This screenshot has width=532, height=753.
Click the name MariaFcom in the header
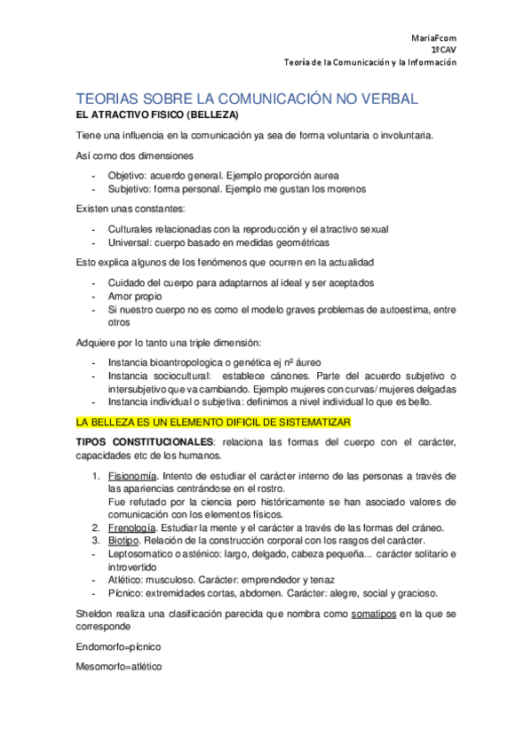434,38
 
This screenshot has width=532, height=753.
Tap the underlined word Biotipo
123,540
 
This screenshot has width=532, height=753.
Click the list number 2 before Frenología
96,527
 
